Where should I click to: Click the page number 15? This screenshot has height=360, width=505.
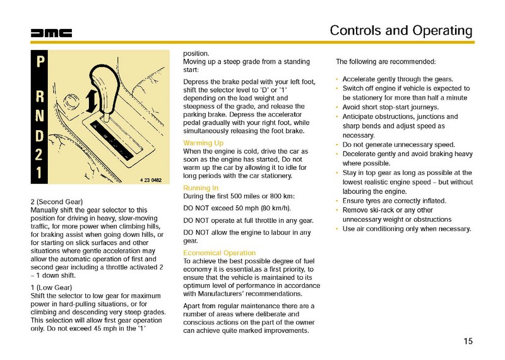point(467,342)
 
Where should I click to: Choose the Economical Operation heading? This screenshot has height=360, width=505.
point(219,253)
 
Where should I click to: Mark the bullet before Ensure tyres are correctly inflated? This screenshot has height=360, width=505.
point(338,201)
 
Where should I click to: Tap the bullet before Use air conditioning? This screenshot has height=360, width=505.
point(338,229)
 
